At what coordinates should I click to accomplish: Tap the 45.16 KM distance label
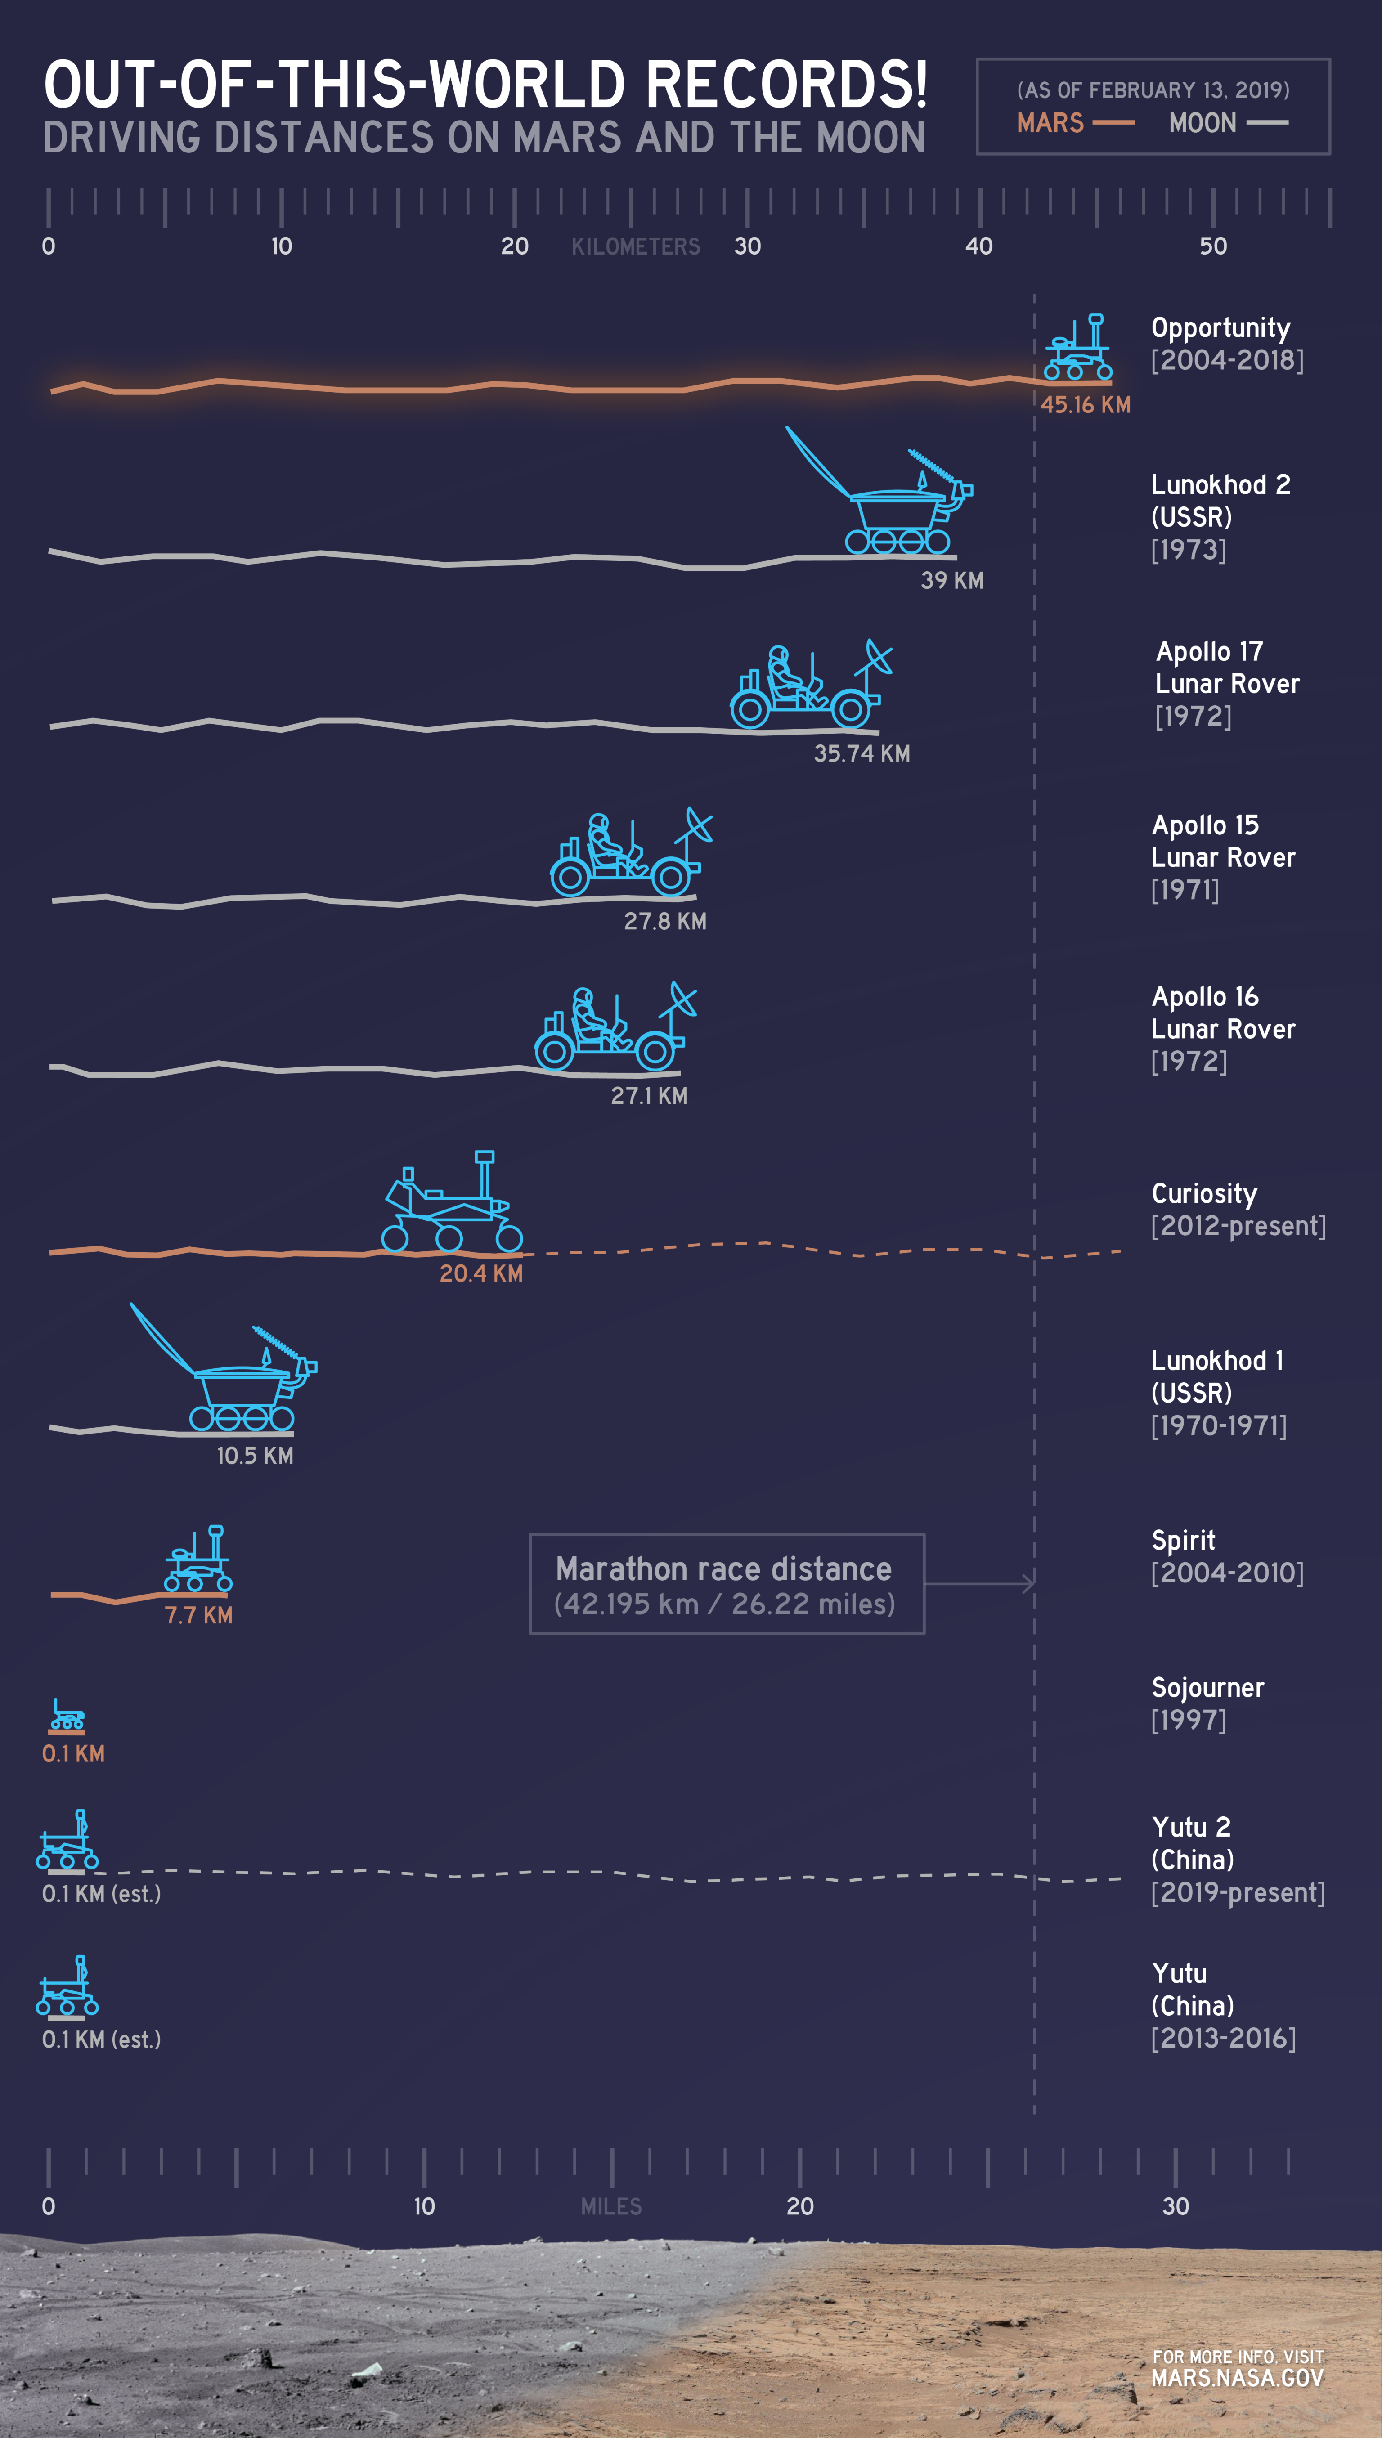pyautogui.click(x=1085, y=405)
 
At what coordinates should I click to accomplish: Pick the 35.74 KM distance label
pyautogui.click(x=861, y=753)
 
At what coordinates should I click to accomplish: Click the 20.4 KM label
pyautogui.click(x=480, y=1273)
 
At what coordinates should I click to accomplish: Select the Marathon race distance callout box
pyautogui.click(x=726, y=1584)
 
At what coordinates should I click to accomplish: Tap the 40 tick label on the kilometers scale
pyautogui.click(x=978, y=247)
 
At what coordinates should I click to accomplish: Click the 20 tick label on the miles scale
pyautogui.click(x=800, y=2206)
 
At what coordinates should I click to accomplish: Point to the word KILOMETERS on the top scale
pyautogui.click(x=635, y=247)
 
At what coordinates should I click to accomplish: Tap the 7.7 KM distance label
pyautogui.click(x=198, y=1615)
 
